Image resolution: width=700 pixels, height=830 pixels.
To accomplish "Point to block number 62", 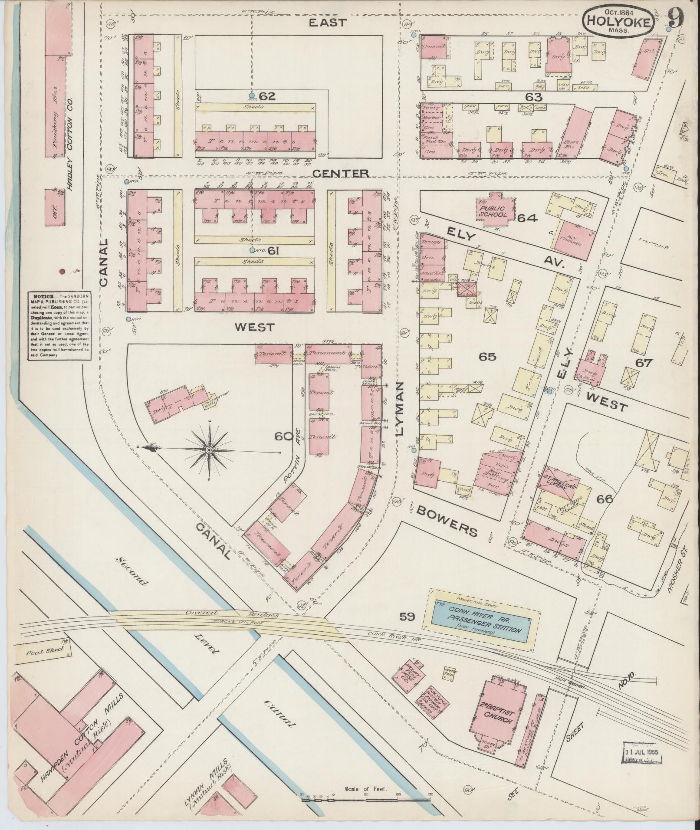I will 267,96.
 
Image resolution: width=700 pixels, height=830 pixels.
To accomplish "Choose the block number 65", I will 487,357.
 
